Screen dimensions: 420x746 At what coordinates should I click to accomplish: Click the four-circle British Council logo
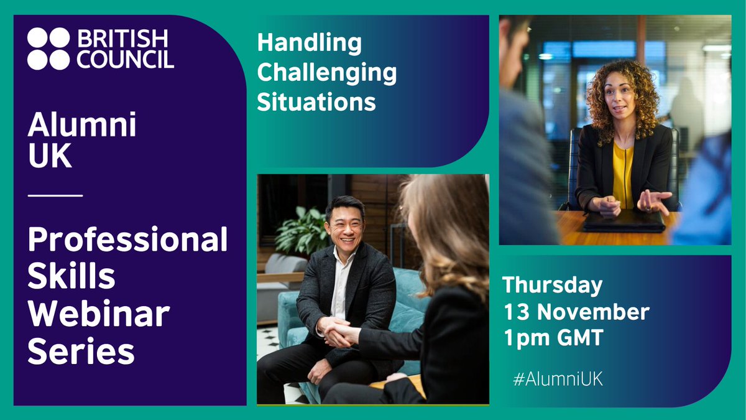pyautogui.click(x=48, y=49)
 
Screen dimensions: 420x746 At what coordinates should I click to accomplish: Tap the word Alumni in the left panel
pyautogui.click(x=81, y=128)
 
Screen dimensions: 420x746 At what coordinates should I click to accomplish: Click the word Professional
pyautogui.click(x=127, y=241)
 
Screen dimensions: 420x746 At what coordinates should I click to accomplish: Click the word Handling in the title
pyautogui.click(x=309, y=44)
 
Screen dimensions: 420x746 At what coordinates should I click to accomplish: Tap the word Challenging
pyautogui.click(x=327, y=73)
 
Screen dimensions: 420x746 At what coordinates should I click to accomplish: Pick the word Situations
pyautogui.click(x=317, y=101)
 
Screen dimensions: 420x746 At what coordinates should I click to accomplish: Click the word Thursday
pyautogui.click(x=553, y=285)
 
